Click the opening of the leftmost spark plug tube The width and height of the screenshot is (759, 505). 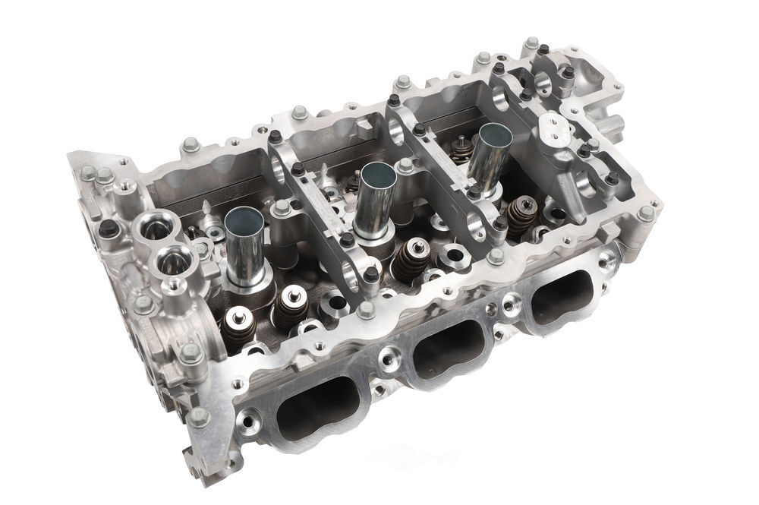(244, 221)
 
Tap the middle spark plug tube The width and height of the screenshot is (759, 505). (377, 177)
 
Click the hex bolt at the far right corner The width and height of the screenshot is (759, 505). (645, 213)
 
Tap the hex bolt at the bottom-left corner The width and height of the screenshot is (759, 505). (199, 417)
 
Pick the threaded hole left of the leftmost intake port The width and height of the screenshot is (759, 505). (250, 417)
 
